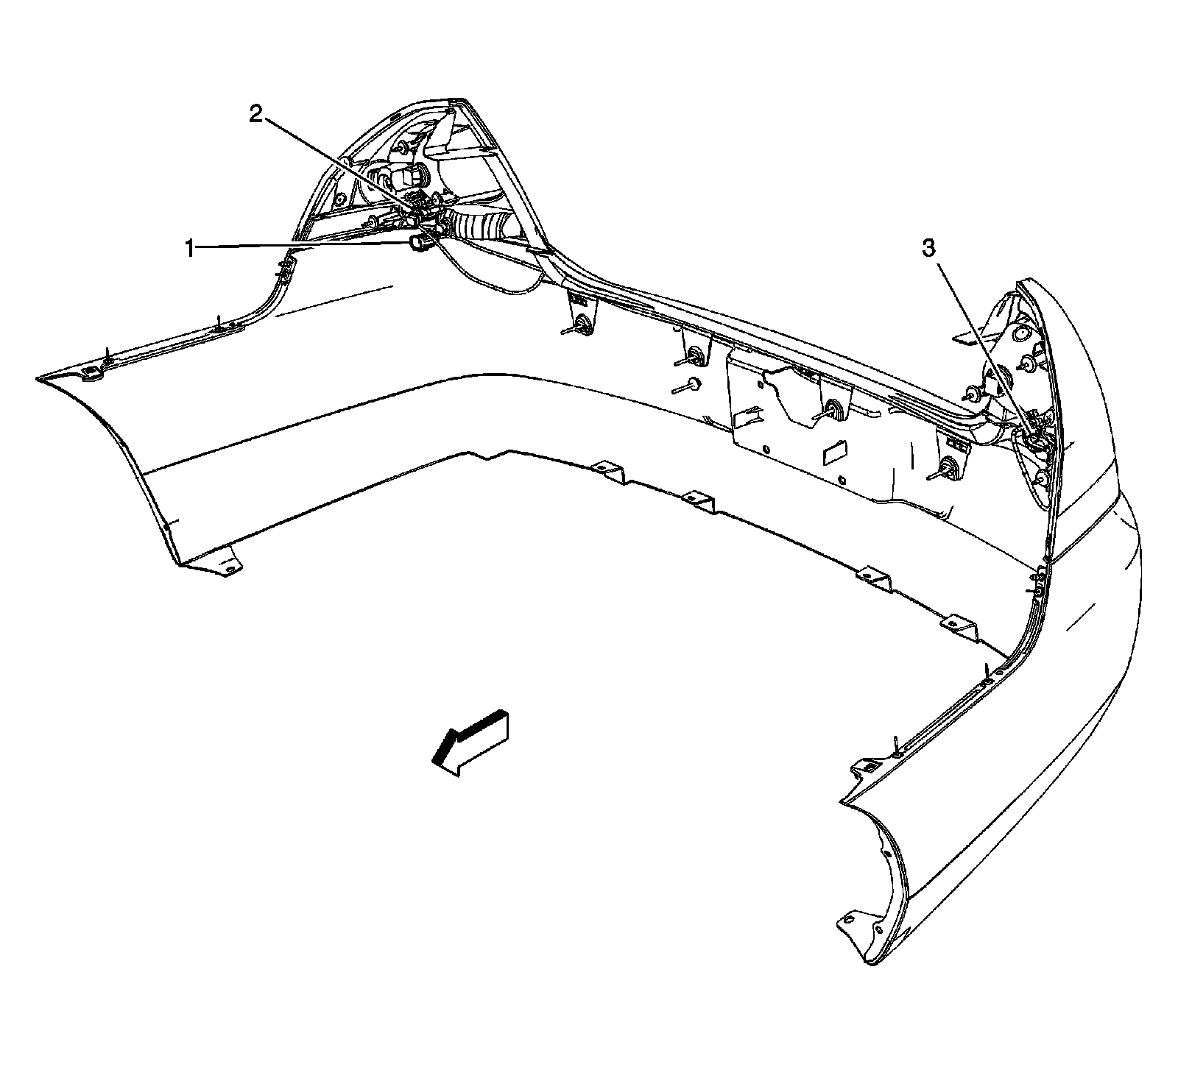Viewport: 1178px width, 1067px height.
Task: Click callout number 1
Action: coord(190,249)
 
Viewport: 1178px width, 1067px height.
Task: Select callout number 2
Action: coord(255,115)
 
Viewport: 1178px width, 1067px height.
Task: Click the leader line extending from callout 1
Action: coord(302,246)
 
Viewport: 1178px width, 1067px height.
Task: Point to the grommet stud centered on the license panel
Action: coord(833,409)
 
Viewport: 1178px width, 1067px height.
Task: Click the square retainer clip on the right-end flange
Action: coord(867,768)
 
